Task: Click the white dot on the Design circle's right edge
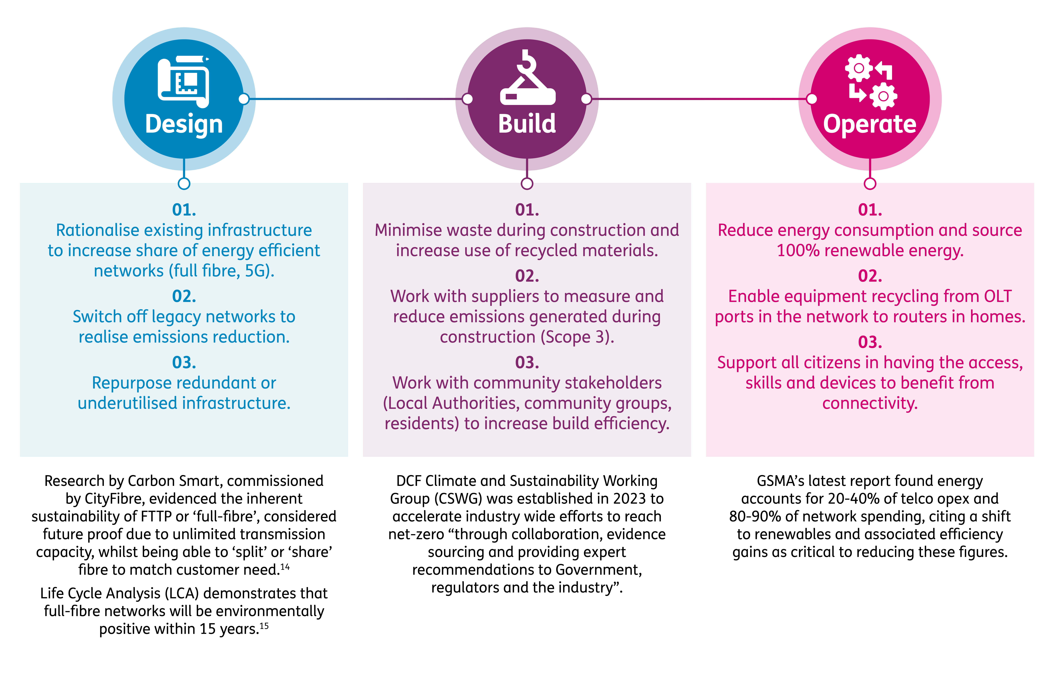click(244, 99)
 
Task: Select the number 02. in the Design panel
click(184, 296)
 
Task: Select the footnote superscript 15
click(264, 626)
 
